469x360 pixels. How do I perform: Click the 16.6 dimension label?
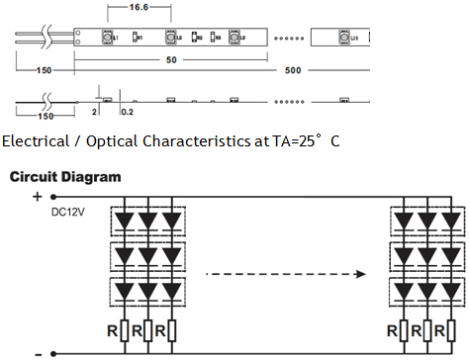tap(139, 7)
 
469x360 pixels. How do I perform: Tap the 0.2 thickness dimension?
tap(126, 113)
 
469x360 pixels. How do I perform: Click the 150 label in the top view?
tap(44, 70)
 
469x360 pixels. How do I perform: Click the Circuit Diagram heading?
tap(65, 177)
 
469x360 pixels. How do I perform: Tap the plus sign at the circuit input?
tap(39, 197)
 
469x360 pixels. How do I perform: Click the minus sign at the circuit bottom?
tap(38, 352)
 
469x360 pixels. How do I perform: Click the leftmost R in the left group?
tap(116, 329)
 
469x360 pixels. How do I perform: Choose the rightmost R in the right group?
tap(442, 329)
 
